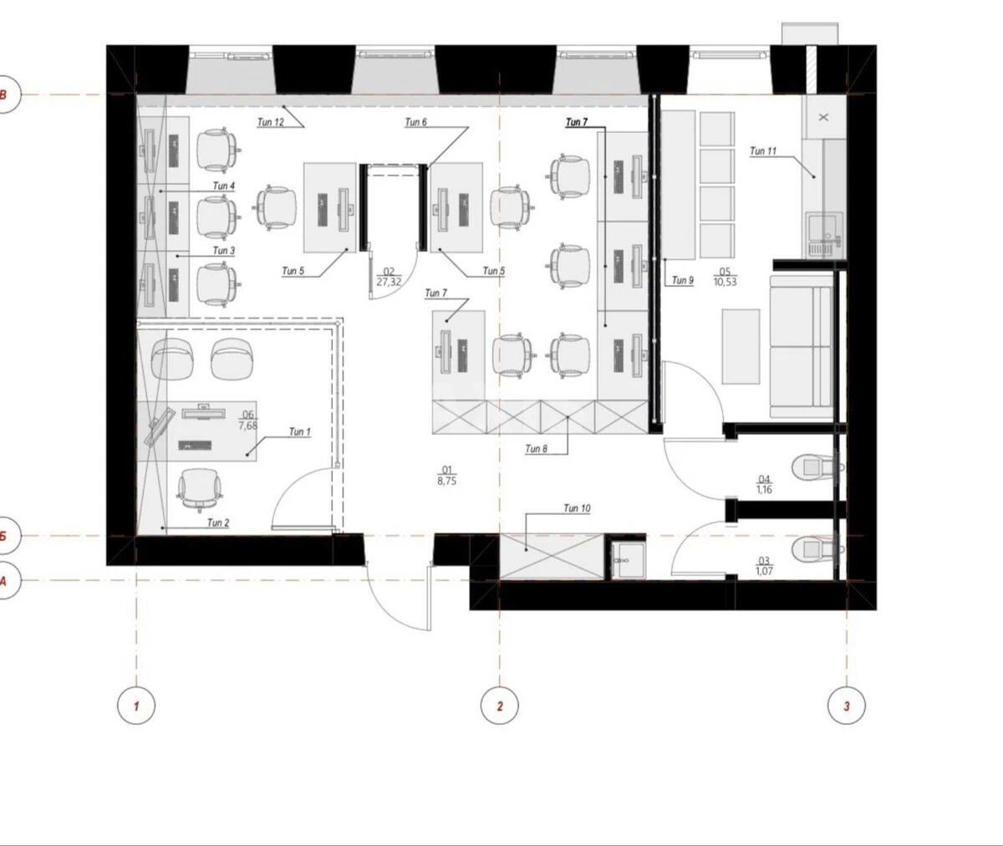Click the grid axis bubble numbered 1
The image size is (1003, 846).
(136, 706)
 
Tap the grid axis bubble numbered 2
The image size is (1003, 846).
(500, 706)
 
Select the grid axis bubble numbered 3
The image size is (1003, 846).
(846, 706)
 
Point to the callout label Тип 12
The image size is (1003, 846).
(270, 123)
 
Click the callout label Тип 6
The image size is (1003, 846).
(415, 123)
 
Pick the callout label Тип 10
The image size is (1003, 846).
(577, 508)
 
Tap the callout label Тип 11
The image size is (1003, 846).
(763, 151)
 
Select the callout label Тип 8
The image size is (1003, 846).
(537, 449)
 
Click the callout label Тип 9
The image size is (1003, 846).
(683, 281)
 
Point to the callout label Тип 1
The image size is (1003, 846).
(299, 432)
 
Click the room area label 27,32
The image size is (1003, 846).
(389, 283)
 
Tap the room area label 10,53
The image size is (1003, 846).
(724, 283)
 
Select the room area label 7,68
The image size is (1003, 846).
(247, 426)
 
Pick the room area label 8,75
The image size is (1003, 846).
(446, 482)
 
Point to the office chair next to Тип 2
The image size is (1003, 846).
(201, 487)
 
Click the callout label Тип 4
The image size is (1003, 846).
(224, 186)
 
